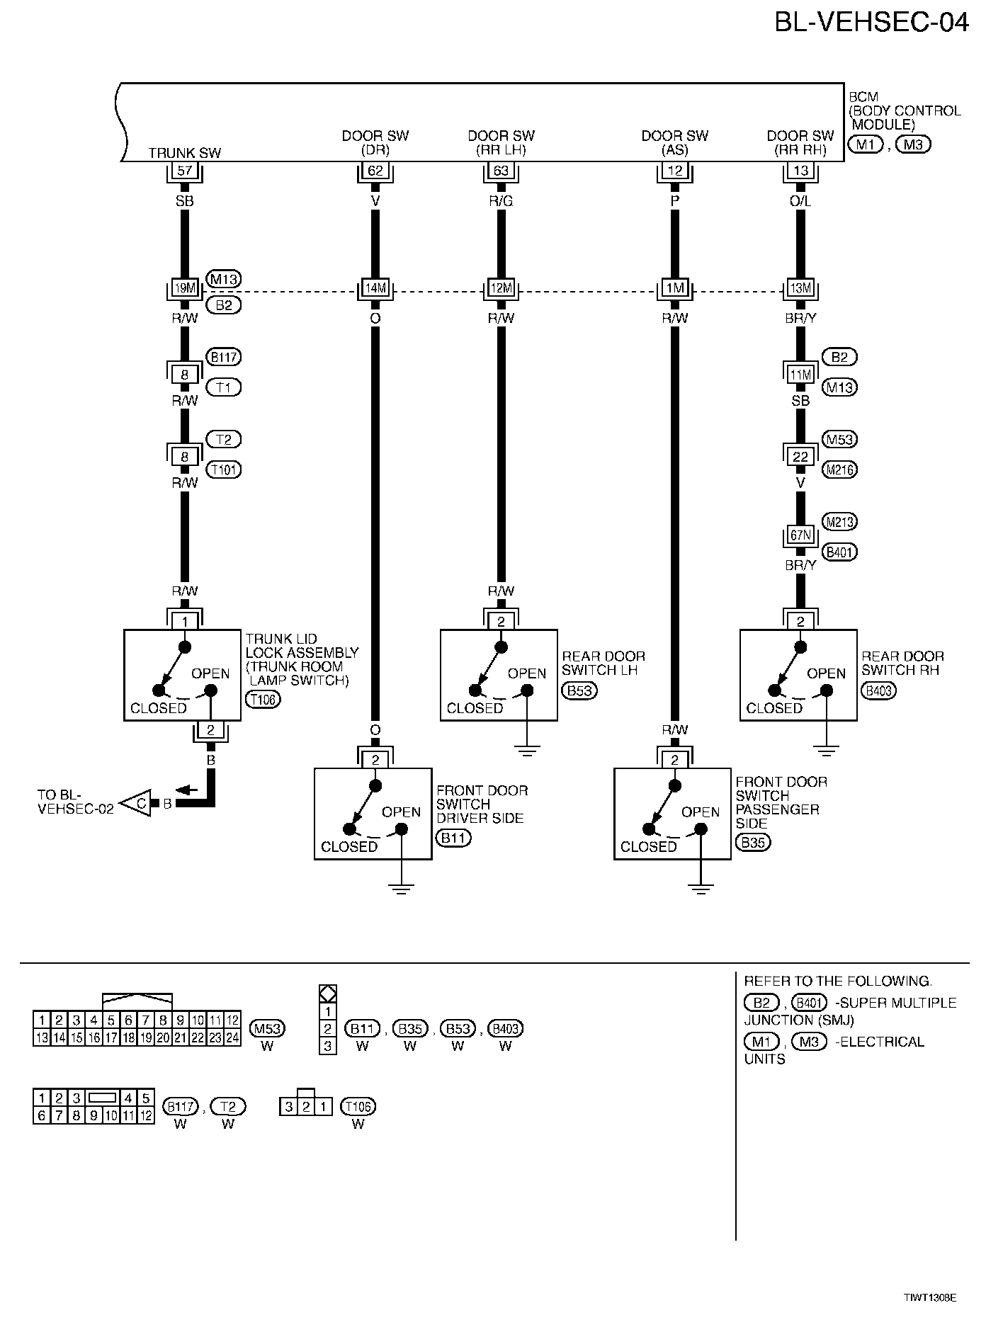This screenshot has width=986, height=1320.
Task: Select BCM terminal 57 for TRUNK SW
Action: [x=185, y=171]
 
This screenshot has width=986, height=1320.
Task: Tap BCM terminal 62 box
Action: [x=375, y=171]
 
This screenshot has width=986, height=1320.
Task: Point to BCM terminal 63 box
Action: [x=501, y=171]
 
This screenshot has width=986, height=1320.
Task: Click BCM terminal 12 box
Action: [x=675, y=171]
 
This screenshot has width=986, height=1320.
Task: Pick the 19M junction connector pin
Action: [x=185, y=289]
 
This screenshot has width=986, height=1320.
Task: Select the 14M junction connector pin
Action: [x=375, y=289]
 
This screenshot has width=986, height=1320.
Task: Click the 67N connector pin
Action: [x=800, y=536]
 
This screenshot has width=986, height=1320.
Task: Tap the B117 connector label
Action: [x=223, y=357]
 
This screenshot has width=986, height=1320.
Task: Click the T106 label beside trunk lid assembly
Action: [x=263, y=700]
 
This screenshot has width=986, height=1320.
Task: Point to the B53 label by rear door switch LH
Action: [x=579, y=691]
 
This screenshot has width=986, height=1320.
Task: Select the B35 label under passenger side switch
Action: [x=753, y=843]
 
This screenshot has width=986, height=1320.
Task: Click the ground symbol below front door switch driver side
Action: [x=401, y=889]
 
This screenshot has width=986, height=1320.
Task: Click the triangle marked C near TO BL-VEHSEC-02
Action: [x=138, y=803]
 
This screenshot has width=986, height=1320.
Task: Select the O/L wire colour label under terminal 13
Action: [x=800, y=201]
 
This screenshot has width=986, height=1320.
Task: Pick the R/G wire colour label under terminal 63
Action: [x=501, y=201]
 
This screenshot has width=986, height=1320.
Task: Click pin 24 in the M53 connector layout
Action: [x=232, y=1038]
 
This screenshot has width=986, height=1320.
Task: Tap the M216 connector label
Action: [x=839, y=470]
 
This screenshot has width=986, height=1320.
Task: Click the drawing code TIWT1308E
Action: [x=929, y=1297]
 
